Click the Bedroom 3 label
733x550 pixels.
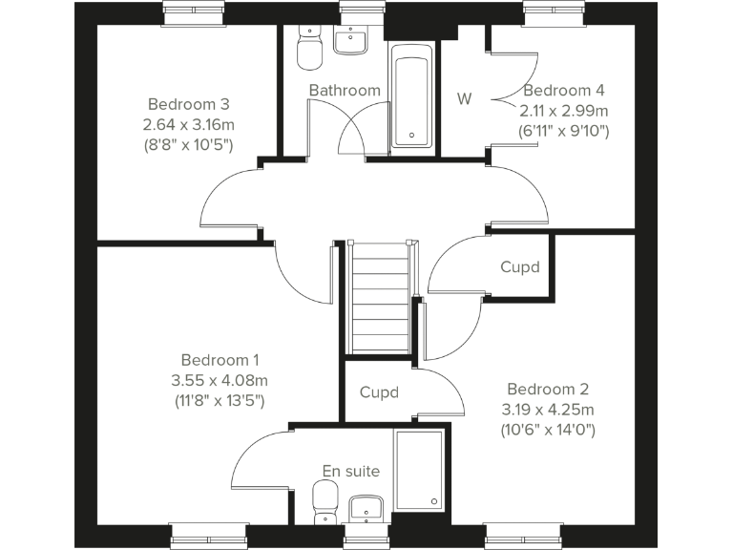click(x=188, y=103)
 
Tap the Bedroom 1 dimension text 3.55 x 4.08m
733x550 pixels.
click(x=220, y=381)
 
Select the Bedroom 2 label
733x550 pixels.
click(x=548, y=389)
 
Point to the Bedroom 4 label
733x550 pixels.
click(x=564, y=91)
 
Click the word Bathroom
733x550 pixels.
click(x=345, y=91)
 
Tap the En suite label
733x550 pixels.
click(x=351, y=471)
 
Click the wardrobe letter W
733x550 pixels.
click(x=465, y=99)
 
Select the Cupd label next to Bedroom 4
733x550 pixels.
click(x=520, y=267)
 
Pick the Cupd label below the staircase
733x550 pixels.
click(x=379, y=392)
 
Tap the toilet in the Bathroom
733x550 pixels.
click(x=310, y=48)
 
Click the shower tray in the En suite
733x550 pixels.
click(x=419, y=471)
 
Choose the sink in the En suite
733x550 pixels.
click(x=365, y=507)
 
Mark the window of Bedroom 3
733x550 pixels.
click(x=194, y=13)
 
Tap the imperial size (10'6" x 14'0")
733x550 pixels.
click(x=548, y=430)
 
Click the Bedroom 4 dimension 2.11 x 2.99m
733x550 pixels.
click(x=563, y=111)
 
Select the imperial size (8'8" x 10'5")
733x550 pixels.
click(x=188, y=144)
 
